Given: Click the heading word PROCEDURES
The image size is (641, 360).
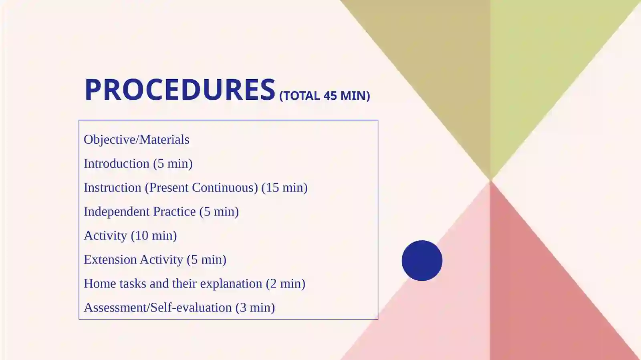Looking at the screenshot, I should click(180, 89).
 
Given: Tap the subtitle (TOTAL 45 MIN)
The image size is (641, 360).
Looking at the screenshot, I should click(325, 96).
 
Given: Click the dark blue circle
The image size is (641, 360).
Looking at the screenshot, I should click(422, 261).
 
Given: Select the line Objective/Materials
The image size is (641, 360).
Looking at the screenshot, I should click(137, 139).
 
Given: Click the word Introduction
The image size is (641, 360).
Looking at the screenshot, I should click(117, 163).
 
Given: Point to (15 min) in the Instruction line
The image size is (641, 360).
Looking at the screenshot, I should click(284, 187).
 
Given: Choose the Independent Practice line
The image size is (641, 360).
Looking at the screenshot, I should click(161, 211).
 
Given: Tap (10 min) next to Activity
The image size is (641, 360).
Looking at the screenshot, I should click(154, 235).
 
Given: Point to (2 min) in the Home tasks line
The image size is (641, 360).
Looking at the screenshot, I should click(286, 284).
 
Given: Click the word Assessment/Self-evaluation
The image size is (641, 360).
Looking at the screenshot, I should click(158, 308).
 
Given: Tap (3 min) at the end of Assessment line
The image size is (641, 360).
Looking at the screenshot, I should click(255, 308).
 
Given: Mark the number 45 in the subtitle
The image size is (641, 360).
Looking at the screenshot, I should click(330, 96).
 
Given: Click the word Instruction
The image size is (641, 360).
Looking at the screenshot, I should click(113, 187).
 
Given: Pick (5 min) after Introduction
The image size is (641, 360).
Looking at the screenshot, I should click(173, 163).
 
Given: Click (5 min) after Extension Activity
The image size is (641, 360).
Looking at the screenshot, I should click(206, 259).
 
